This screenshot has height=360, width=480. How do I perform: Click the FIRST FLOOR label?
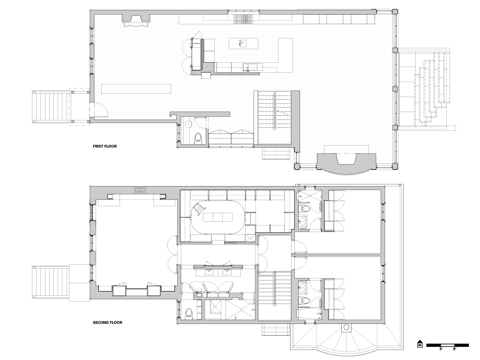[105, 146]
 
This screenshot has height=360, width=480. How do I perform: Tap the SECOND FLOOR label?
[107, 322]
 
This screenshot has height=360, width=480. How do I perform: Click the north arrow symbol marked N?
[420, 344]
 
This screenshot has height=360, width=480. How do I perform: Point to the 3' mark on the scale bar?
[441, 349]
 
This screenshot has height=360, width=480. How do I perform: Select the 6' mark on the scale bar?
[455, 349]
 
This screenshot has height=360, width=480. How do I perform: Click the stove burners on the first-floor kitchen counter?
[244, 19]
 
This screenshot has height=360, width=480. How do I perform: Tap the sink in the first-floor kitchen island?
[244, 44]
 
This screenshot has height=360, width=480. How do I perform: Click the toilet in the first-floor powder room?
[198, 138]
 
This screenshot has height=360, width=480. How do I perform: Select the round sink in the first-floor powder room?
[188, 124]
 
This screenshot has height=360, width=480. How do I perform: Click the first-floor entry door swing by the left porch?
[101, 109]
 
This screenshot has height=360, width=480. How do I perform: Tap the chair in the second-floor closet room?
[198, 210]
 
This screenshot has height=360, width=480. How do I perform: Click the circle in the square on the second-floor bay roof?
[346, 328]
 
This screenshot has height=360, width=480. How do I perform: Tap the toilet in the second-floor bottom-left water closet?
[189, 313]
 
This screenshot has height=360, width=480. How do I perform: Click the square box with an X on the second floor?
[250, 238]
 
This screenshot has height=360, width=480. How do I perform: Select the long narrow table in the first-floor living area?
[136, 89]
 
